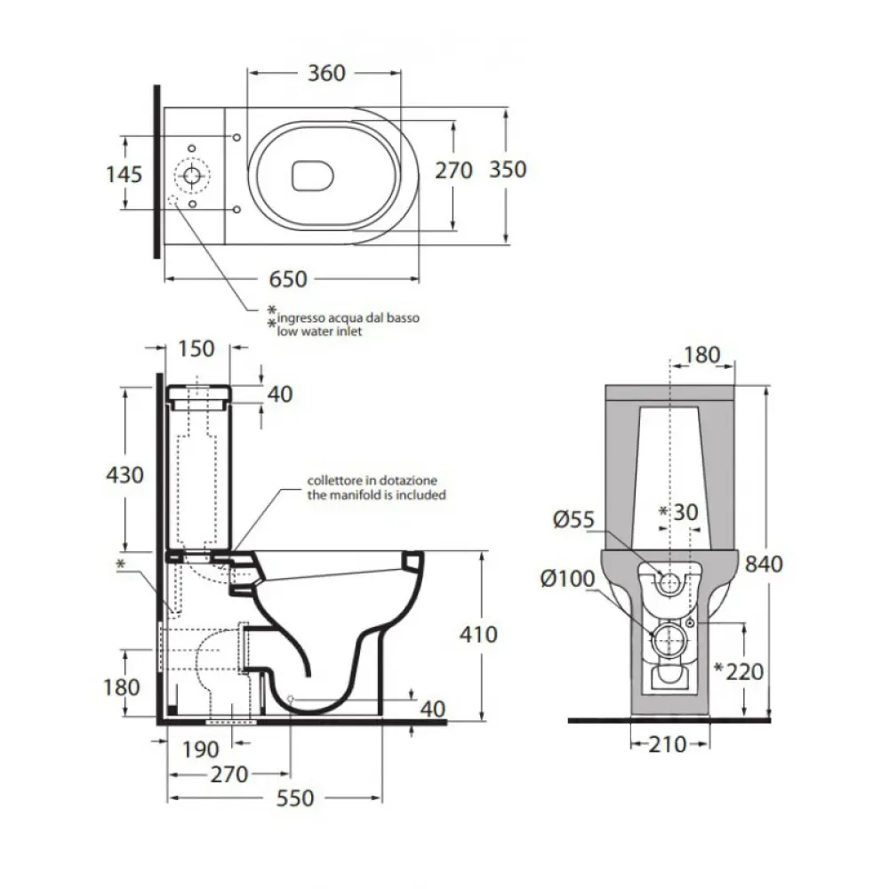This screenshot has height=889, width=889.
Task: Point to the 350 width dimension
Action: [508, 169]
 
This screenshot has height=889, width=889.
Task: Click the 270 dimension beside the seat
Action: [453, 169]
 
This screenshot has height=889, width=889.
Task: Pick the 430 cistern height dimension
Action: [124, 475]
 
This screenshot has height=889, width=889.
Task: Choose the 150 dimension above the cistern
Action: [196, 348]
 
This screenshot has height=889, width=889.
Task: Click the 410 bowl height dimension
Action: [481, 634]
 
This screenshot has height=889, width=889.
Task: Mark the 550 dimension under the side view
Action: [294, 798]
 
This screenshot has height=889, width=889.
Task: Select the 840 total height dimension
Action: [764, 563]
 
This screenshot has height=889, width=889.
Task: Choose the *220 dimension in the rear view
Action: [739, 670]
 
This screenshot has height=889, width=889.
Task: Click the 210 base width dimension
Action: [669, 743]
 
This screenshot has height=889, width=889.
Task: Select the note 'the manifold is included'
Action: [375, 494]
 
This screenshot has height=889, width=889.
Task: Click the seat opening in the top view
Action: [313, 174]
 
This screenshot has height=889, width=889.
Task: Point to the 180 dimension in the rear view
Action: [701, 356]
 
